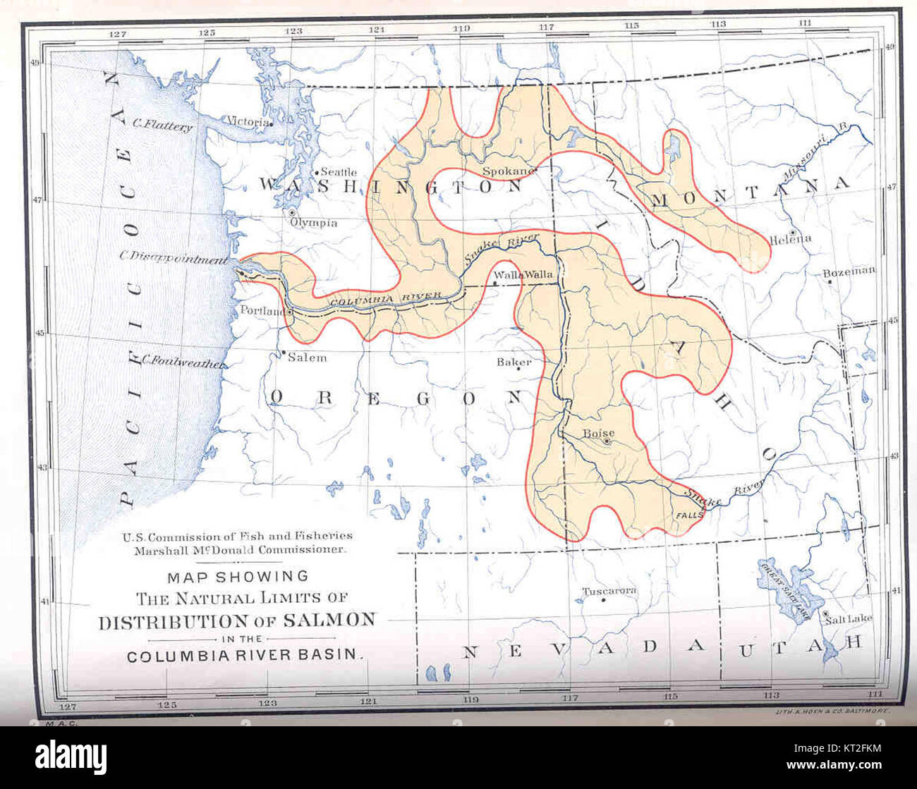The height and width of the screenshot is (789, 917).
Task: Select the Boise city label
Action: (598, 434)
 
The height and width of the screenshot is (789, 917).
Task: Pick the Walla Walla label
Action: (523, 275)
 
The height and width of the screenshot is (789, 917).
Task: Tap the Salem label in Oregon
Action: (307, 357)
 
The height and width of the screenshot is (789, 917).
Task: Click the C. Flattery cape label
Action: (162, 126)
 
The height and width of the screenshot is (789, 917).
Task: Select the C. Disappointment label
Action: (173, 258)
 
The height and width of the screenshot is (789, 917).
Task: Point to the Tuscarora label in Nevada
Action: (609, 591)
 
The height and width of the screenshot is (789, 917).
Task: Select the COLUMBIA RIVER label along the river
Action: (385, 299)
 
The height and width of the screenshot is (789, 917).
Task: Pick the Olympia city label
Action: (314, 223)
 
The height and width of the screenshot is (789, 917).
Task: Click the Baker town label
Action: (513, 362)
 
